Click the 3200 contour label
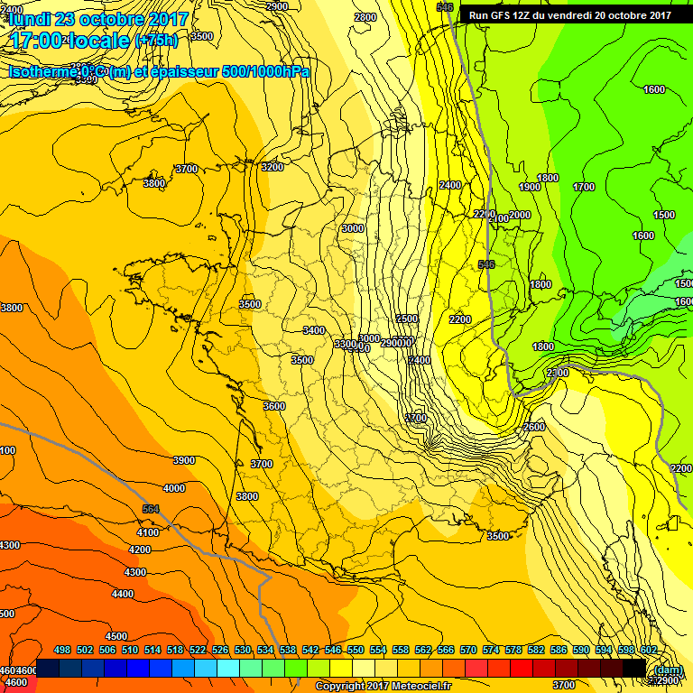[272, 167]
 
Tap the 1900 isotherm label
[531, 187]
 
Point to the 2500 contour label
[406, 319]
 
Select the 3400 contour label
[314, 330]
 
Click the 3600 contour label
[274, 406]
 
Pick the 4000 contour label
[174, 488]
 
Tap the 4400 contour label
[122, 594]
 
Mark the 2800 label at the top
[365, 17]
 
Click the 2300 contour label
[557, 373]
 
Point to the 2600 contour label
[534, 427]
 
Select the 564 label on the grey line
[151, 510]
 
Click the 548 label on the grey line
[486, 264]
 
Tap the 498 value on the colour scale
[62, 650]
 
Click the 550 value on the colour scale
[356, 650]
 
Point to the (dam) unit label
[667, 670]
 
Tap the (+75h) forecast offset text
[156, 41]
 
